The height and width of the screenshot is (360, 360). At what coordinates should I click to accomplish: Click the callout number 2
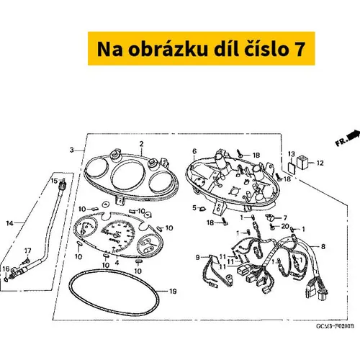(141, 144)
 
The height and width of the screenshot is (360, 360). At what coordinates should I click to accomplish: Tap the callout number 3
(72, 150)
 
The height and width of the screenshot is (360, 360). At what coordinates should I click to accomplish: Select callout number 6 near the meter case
(194, 151)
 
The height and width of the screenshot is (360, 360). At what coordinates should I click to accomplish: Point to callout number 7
(285, 218)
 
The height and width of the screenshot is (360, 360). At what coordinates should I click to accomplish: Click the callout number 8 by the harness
(323, 246)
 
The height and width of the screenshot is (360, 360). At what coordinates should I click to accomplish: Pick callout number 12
(320, 163)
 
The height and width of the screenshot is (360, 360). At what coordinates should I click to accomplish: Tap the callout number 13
(291, 154)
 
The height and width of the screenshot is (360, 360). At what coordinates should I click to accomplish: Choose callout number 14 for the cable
(9, 223)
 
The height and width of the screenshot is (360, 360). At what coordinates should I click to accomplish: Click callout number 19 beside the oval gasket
(173, 292)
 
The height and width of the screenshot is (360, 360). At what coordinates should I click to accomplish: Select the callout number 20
(285, 226)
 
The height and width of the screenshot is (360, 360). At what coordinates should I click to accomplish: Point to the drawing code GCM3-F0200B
(335, 326)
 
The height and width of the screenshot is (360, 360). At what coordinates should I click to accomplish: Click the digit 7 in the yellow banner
(299, 49)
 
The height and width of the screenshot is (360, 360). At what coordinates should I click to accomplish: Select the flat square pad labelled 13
(291, 167)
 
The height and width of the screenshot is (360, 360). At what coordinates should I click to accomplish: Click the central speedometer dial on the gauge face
(117, 234)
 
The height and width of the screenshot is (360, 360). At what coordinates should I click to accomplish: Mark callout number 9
(197, 257)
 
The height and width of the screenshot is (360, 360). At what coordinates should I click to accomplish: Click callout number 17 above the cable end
(28, 251)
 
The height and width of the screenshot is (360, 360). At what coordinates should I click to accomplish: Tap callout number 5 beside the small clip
(194, 208)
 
